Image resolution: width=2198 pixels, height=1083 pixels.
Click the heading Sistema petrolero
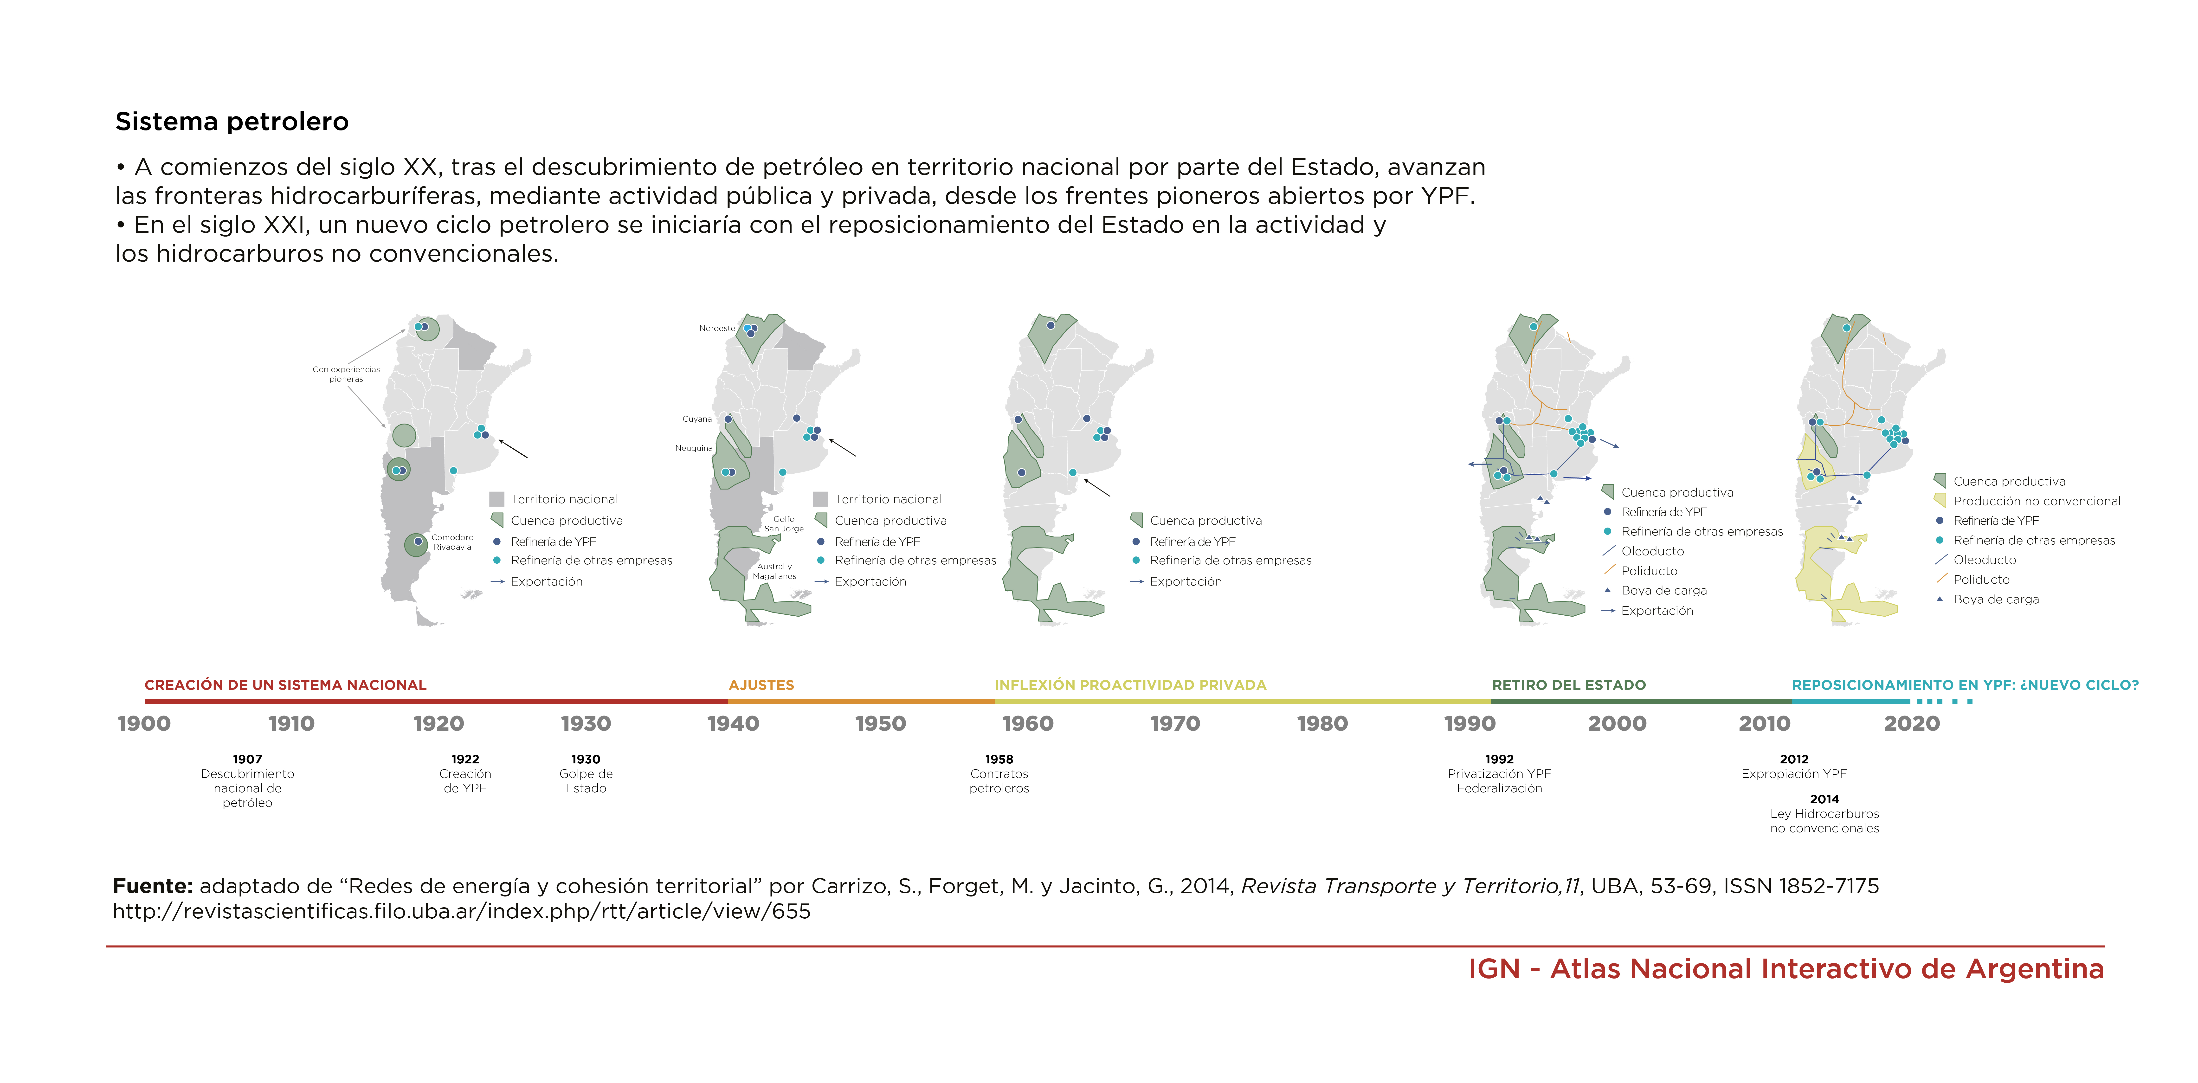[x=232, y=122]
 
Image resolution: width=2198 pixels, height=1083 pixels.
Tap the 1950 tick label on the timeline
[x=880, y=724]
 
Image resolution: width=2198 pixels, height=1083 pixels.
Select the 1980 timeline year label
[x=1322, y=724]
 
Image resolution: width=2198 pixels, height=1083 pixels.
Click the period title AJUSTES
[x=761, y=684]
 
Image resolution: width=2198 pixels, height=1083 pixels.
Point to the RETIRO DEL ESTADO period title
[x=1568, y=684]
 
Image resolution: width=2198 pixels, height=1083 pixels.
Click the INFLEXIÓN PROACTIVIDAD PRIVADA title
[x=1130, y=684]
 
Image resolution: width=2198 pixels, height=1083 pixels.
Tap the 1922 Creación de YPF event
[x=465, y=773]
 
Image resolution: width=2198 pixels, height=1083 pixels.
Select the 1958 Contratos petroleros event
[x=999, y=773]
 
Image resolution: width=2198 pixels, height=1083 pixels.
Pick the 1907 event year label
[x=247, y=759]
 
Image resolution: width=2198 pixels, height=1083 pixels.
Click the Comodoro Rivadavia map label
[x=452, y=542]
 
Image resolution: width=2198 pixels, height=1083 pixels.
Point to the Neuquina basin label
[x=694, y=448]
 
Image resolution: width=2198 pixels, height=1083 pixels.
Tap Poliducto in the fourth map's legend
[x=1649, y=571]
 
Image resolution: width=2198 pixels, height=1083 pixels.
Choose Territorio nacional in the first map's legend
[x=564, y=499]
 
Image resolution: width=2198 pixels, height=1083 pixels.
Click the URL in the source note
[x=462, y=911]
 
